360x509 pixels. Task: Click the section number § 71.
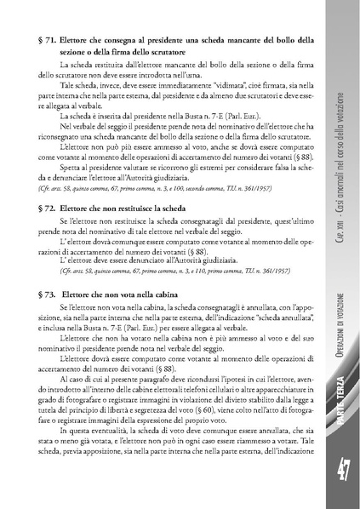(x=49, y=39)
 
